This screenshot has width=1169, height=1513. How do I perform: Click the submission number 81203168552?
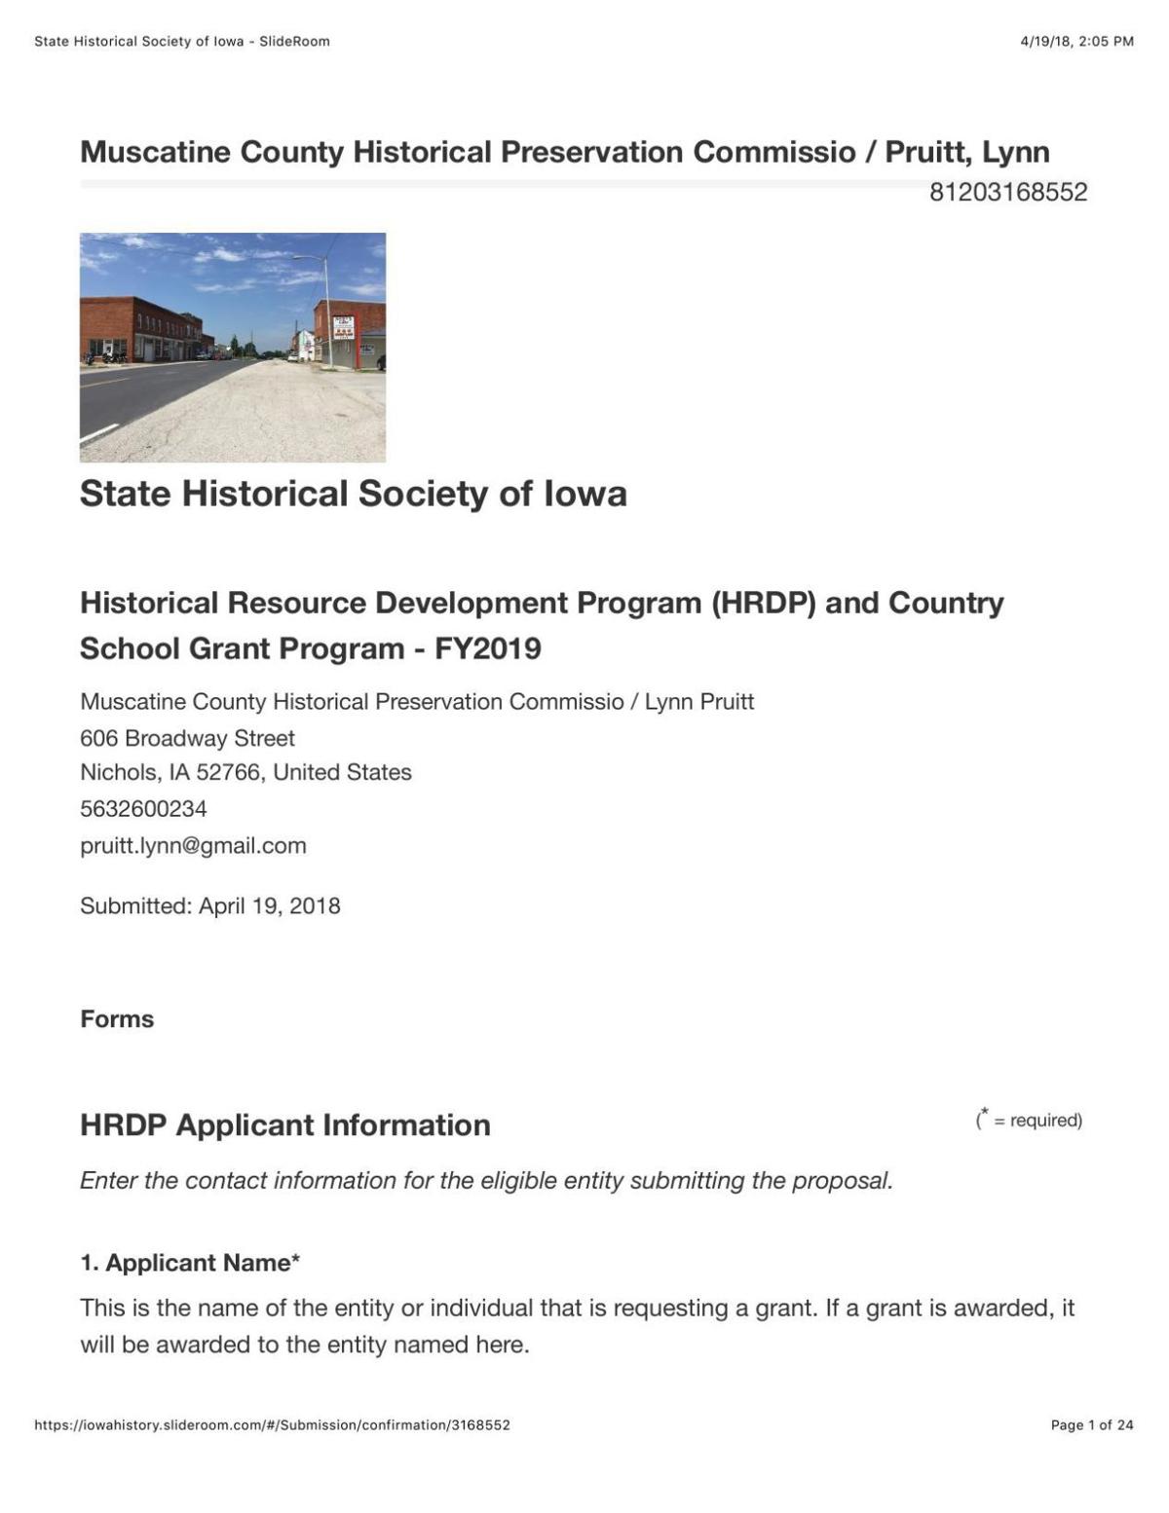(x=1007, y=193)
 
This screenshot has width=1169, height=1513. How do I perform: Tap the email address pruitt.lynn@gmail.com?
(x=193, y=845)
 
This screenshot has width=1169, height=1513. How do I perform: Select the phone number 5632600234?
(x=143, y=808)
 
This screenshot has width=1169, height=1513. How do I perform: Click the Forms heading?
(x=117, y=1018)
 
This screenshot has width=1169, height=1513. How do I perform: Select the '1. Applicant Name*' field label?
(x=190, y=1263)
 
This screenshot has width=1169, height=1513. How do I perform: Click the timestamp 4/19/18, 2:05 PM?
(x=1076, y=41)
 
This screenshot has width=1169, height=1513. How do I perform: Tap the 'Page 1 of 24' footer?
(x=1091, y=1424)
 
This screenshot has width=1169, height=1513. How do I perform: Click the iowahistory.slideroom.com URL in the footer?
(x=272, y=1424)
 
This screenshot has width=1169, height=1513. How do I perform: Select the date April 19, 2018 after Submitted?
(x=270, y=905)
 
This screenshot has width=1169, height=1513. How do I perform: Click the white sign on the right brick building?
(x=343, y=327)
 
